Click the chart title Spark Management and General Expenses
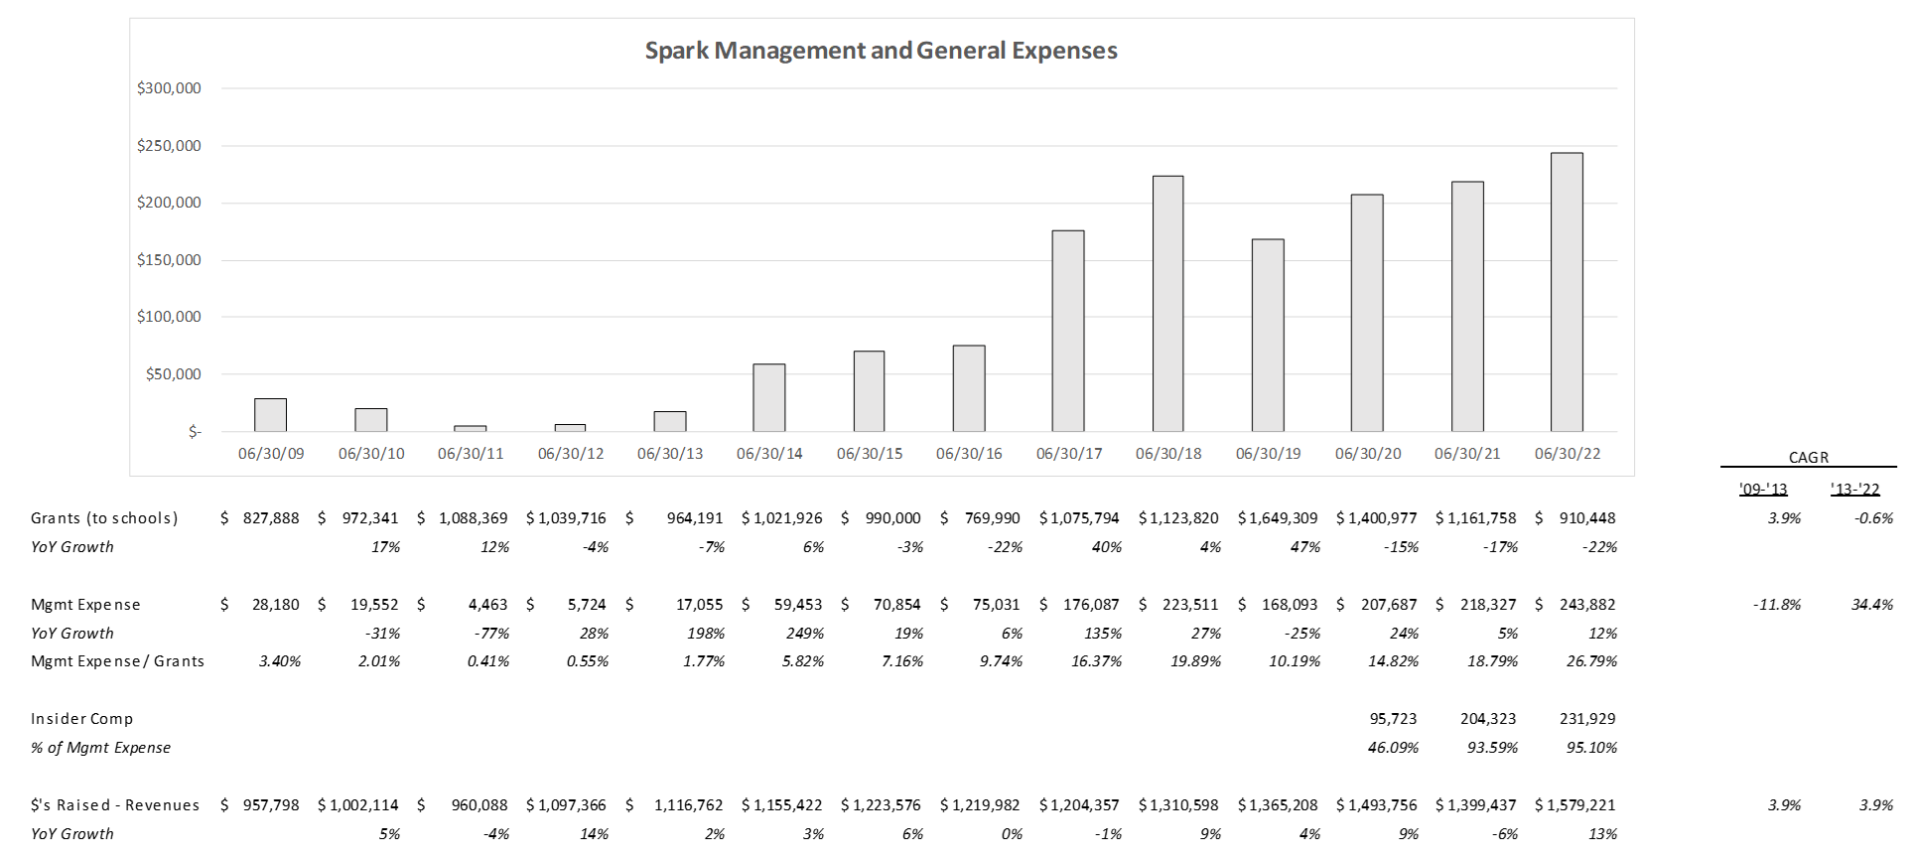coord(881,51)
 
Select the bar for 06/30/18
coord(1167,304)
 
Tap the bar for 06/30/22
coord(1567,292)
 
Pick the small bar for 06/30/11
coord(471,428)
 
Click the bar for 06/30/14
coord(769,397)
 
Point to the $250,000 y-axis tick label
coord(169,146)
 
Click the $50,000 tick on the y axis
coord(173,374)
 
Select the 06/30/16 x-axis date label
coord(969,454)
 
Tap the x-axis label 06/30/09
coord(271,454)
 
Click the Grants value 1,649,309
coord(1287,518)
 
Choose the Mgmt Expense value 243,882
coord(1586,605)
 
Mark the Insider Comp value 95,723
coord(1393,719)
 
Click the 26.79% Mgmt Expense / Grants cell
coord(1591,661)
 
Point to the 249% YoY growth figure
coord(804,634)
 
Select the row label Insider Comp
coord(81,719)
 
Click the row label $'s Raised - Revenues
coord(115,805)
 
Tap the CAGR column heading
coord(1808,458)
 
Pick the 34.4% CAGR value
coord(1871,605)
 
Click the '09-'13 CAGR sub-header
coord(1763,490)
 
